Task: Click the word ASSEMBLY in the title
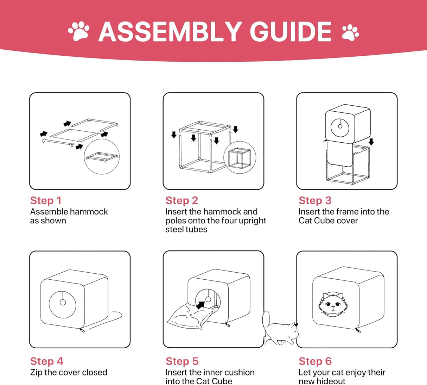[x=170, y=32]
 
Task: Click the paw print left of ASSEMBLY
[x=79, y=31]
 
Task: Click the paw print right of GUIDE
[x=350, y=33]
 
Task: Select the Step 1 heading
[x=46, y=200]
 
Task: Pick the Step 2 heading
[x=182, y=200]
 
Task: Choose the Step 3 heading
[x=315, y=200]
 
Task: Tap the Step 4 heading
[x=47, y=361]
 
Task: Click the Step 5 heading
[x=182, y=361]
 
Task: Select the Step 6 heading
[x=315, y=361]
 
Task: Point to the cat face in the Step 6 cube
[x=333, y=304]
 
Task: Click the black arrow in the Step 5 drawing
[x=200, y=305]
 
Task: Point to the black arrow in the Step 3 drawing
[x=371, y=142]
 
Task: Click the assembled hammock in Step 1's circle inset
[x=102, y=157]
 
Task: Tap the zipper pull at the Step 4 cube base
[x=82, y=330]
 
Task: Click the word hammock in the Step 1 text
[x=89, y=212]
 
